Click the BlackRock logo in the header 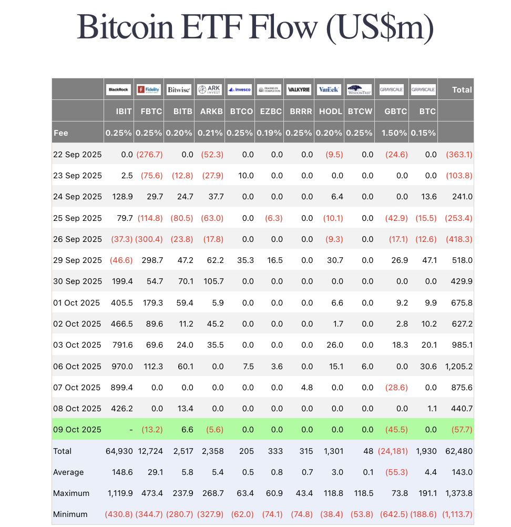pos(118,90)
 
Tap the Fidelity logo pos(149,90)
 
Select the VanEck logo pos(330,90)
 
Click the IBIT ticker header pos(124,112)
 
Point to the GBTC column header pos(396,112)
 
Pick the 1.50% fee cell pos(395,133)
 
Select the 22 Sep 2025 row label pos(77,155)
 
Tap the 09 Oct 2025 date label pos(77,430)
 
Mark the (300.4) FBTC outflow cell pos(149,239)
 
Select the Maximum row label pos(71,493)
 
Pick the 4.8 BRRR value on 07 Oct pos(308,388)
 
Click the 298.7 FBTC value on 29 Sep pos(152,260)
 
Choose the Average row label pos(68,472)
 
